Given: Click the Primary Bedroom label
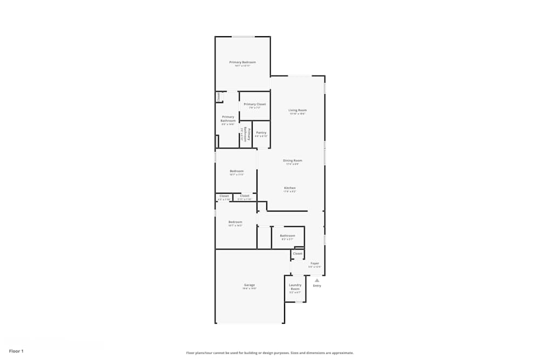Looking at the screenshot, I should [242, 62].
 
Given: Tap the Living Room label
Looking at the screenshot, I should [298, 110].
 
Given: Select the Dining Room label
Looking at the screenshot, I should [293, 160].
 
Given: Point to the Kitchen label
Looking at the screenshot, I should [290, 188].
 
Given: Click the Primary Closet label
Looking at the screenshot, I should [255, 104].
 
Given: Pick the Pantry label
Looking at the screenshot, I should [261, 132].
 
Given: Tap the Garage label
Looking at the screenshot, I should [249, 285].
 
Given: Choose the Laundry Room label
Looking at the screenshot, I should [295, 287].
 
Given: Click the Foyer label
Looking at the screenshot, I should [315, 263].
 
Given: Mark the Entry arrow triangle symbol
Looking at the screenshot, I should [317, 280].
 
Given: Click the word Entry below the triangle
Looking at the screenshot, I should [317, 286].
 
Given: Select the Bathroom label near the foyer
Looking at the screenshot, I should [287, 235].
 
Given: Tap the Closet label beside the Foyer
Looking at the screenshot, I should [298, 253].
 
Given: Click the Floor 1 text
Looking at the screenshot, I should [16, 351].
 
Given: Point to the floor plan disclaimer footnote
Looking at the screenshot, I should [270, 353].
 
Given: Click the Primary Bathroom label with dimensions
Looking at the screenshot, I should [228, 119].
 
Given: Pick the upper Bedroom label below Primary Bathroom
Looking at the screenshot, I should [237, 171].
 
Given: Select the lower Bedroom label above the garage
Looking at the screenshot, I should [235, 222].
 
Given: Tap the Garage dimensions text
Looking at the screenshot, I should [249, 289].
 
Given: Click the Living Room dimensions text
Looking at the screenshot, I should [298, 114].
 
